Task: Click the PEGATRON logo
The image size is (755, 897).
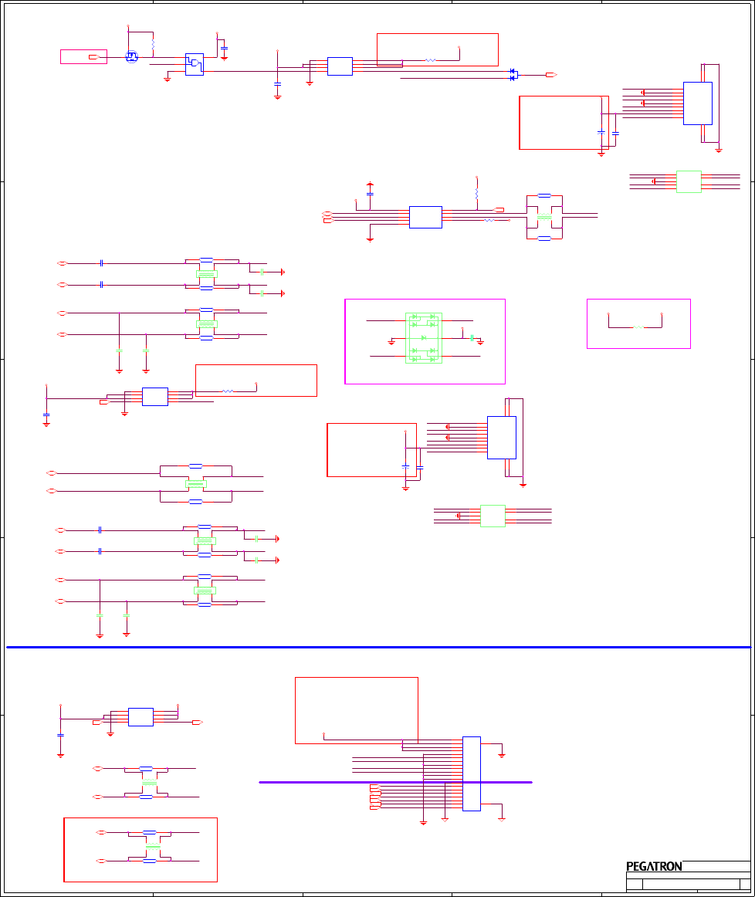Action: click(654, 866)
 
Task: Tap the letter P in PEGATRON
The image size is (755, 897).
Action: click(629, 866)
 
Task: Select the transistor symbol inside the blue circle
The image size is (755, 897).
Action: click(131, 57)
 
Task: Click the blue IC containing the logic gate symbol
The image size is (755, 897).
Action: click(194, 64)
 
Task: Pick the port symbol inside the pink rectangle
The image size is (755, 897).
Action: click(93, 57)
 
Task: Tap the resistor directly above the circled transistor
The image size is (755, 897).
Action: click(153, 44)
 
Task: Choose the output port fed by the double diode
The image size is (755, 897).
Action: click(551, 75)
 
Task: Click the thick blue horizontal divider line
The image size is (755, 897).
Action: click(378, 647)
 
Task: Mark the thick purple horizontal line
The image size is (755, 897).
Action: click(395, 782)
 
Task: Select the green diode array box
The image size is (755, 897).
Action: click(424, 338)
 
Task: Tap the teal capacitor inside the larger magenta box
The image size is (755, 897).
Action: click(471, 338)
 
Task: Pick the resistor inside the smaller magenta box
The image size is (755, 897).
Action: click(638, 327)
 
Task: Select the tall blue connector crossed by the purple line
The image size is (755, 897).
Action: click(471, 773)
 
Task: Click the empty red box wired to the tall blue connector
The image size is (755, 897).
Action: click(356, 710)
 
